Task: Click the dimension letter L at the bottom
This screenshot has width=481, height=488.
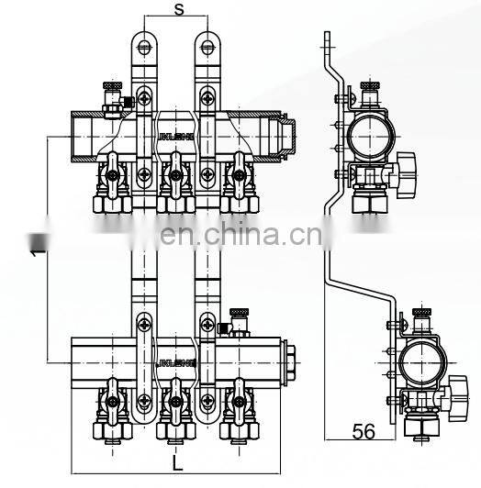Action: (x=177, y=463)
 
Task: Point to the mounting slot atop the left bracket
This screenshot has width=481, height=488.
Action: (x=143, y=42)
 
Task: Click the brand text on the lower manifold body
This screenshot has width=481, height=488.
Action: (x=177, y=362)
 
